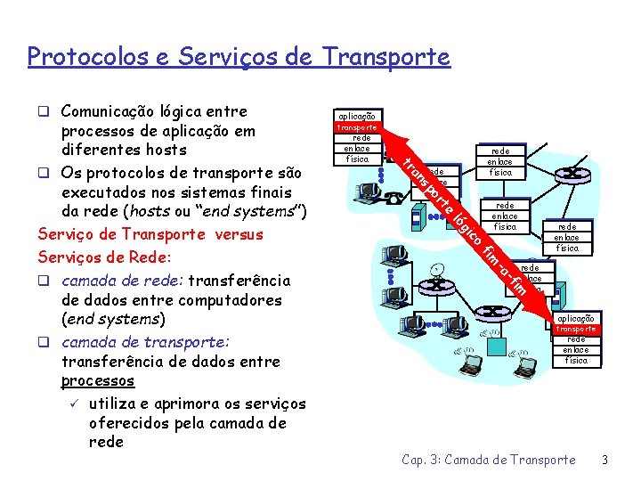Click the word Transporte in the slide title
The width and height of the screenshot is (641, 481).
pos(387,57)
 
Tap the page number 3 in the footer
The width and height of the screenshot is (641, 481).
pos(604,460)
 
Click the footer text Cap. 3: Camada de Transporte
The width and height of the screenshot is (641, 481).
pos(489,460)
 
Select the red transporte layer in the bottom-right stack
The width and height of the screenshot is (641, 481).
pos(576,329)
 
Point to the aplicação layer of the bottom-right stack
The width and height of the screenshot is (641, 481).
pos(576,318)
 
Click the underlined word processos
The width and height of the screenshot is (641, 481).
pos(98,380)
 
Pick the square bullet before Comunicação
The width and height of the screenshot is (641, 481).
pos(44,111)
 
